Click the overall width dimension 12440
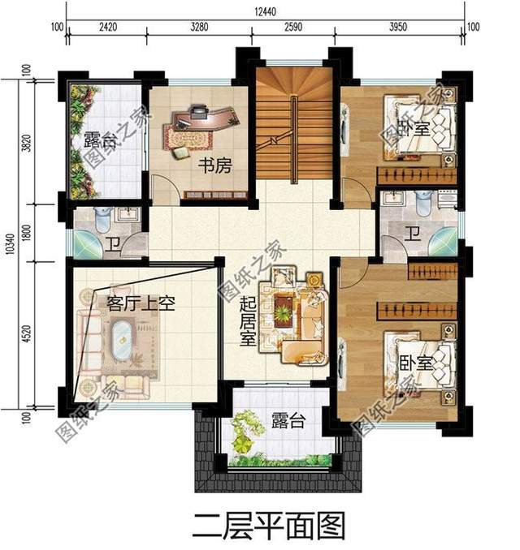click(265, 11)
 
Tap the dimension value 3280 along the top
click(199, 27)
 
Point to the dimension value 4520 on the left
click(26, 334)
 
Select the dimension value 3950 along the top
click(398, 27)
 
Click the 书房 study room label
click(215, 165)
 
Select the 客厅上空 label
click(141, 303)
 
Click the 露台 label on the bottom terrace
click(288, 420)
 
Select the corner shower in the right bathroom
click(444, 241)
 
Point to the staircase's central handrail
click(294, 140)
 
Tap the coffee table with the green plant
click(283, 309)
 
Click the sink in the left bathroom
click(128, 214)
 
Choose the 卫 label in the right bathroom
click(414, 234)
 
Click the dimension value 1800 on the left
click(26, 233)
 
